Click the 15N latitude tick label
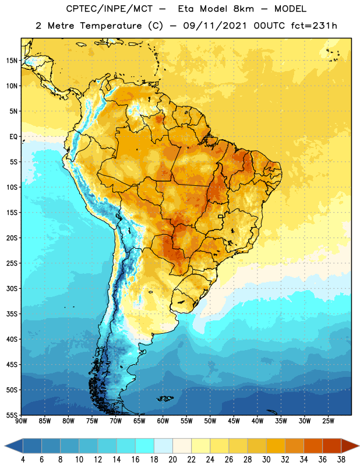point(12,61)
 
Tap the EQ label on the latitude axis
point(13,137)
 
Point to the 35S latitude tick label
point(12,314)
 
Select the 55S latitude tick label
point(12,415)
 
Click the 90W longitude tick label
point(21,421)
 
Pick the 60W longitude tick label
point(163,421)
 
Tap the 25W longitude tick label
point(328,421)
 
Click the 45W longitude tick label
point(234,421)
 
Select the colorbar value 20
point(172,460)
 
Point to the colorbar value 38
point(341,460)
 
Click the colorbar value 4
point(23,460)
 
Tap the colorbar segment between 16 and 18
point(145,446)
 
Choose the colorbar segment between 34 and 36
point(313,446)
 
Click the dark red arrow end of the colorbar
point(350,446)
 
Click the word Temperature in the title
point(111,26)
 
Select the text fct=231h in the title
point(314,26)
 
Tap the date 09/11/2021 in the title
point(215,26)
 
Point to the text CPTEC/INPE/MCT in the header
point(110,9)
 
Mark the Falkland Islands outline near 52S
point(165,398)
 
